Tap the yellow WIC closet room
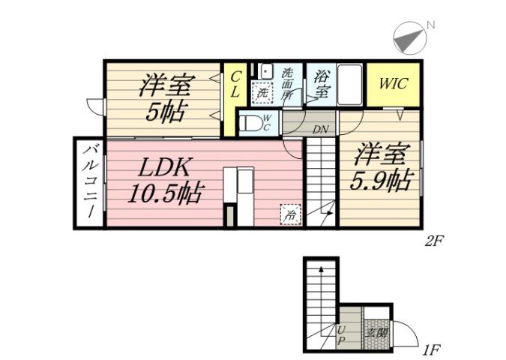tap(393, 83)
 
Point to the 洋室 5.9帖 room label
tap(381, 168)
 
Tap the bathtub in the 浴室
tap(350, 86)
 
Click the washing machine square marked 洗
tap(262, 94)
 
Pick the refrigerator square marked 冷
tap(289, 214)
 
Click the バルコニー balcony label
tap(88, 182)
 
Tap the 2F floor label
tap(436, 241)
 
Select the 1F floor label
tap(430, 349)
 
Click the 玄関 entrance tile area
tap(376, 331)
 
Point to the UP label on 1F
tap(342, 335)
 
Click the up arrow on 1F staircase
tap(321, 268)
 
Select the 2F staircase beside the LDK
tap(321, 180)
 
